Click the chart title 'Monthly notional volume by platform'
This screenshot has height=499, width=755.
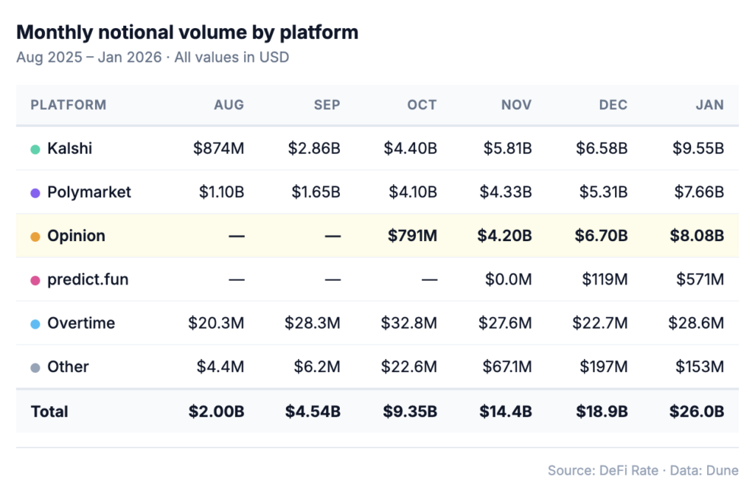[187, 32]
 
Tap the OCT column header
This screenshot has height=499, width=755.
[422, 105]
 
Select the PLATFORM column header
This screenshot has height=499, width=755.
[69, 105]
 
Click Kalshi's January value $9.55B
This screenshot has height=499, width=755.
[697, 149]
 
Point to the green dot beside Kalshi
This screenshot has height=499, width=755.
[35, 150]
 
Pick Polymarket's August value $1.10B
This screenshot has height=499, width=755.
[221, 192]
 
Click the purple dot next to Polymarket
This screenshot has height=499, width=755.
[35, 193]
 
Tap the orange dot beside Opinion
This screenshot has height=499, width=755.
[35, 237]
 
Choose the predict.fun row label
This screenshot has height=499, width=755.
[88, 280]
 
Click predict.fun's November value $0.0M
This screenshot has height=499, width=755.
[508, 280]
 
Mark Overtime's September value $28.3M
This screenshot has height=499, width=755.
[313, 324]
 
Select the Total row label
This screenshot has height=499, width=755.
[49, 411]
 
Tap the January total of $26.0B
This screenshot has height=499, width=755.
[697, 411]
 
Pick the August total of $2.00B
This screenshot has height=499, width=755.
[216, 411]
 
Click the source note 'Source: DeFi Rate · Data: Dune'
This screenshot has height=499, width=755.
[643, 470]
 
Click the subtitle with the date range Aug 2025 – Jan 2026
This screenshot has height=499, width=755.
[153, 57]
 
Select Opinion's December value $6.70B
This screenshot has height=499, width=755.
[602, 236]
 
